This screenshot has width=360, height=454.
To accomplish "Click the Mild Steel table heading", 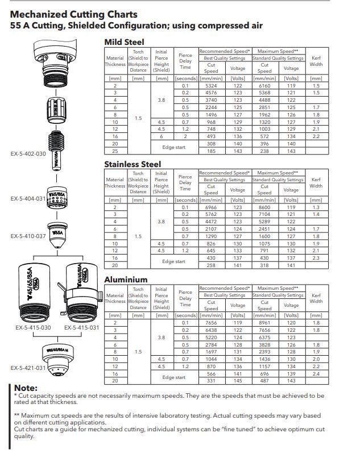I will click(x=124, y=42).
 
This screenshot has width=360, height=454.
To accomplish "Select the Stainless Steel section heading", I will click(x=133, y=164).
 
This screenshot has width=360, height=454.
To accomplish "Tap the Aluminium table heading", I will click(x=126, y=280).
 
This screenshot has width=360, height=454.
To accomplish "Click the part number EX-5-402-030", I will click(x=28, y=153).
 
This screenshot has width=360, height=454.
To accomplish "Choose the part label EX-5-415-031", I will click(x=82, y=327).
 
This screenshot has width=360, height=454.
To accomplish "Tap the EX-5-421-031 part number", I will click(x=28, y=368).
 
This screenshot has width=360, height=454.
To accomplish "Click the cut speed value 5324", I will click(x=211, y=86).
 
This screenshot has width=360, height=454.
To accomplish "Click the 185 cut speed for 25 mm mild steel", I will click(x=211, y=152).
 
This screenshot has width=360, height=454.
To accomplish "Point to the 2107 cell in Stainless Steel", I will click(x=211, y=229).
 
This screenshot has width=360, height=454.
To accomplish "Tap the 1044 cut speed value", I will click(x=211, y=359).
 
